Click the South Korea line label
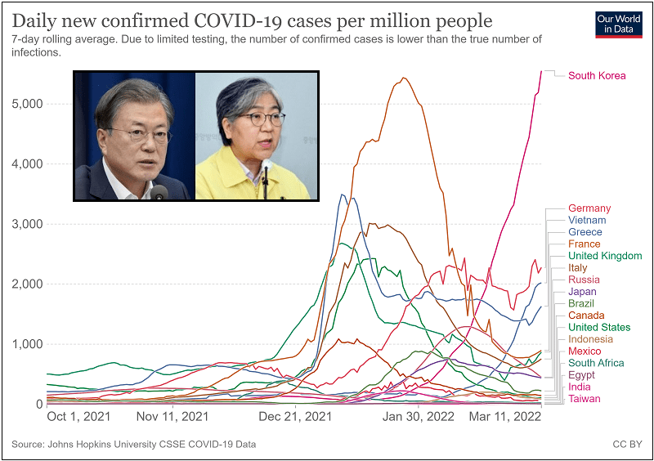(x=597, y=76)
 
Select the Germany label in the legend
(x=589, y=208)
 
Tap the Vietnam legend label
(x=587, y=220)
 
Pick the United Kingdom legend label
(x=605, y=256)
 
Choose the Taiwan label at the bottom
(x=585, y=399)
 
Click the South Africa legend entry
(x=596, y=363)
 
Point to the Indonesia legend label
(x=590, y=339)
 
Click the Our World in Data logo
(x=619, y=24)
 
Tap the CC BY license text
(x=626, y=444)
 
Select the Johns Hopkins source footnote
(x=134, y=444)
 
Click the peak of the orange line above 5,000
(x=404, y=78)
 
